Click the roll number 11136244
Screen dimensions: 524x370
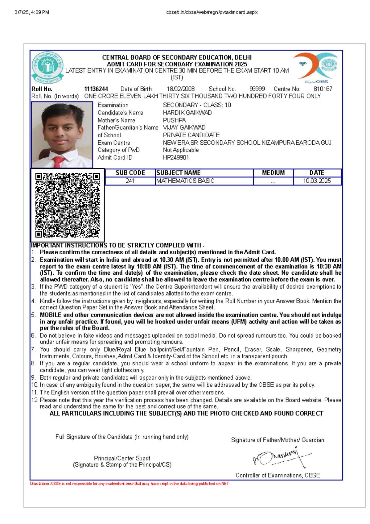(96, 89)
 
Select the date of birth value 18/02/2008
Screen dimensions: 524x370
(181, 89)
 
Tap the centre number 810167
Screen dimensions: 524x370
(323, 89)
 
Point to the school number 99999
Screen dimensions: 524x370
(257, 89)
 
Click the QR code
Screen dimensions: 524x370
(68, 205)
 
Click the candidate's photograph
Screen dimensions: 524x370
(62, 135)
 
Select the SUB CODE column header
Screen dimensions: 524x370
(130, 173)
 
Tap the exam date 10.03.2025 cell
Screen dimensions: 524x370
(317, 181)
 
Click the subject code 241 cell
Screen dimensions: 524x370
(130, 181)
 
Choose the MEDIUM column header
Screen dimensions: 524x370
(273, 173)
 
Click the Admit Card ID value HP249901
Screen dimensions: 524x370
(176, 157)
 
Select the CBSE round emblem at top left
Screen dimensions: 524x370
(48, 68)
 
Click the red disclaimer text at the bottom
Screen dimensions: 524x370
(130, 484)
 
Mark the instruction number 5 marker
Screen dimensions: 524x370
(33, 315)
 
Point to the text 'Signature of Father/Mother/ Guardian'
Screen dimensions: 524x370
(277, 440)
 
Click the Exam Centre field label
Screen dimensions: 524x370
(114, 143)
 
